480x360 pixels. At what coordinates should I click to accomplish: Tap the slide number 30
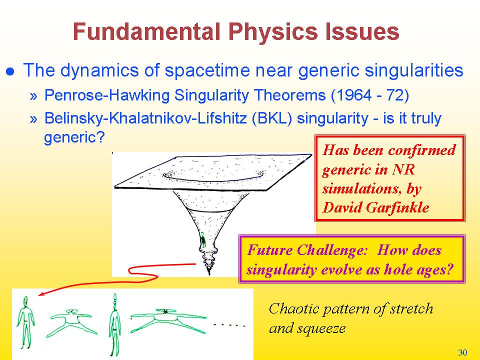click(x=462, y=352)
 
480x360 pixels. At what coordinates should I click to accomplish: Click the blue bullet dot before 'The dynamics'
click(x=10, y=71)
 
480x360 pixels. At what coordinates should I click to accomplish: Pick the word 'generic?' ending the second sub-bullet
click(x=74, y=137)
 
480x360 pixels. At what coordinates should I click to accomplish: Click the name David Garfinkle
click(x=376, y=207)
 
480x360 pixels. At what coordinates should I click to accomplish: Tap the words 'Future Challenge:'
click(x=307, y=250)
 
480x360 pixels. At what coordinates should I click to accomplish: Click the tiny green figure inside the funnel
click(x=202, y=239)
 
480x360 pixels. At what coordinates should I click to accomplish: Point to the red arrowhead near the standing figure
click(x=42, y=293)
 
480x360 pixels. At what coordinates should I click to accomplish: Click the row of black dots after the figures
click(x=229, y=325)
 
